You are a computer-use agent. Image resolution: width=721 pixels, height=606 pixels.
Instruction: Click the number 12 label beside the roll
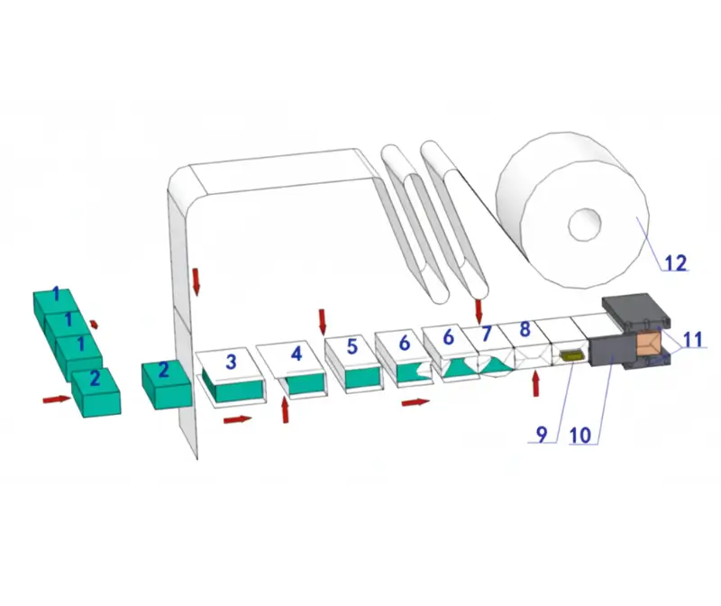tap(676, 262)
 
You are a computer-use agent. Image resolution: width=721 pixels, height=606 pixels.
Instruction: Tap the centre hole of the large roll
tap(585, 225)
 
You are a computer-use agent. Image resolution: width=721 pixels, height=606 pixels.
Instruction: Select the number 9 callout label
tap(542, 434)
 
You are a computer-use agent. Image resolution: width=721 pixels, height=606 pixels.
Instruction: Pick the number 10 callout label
tap(580, 435)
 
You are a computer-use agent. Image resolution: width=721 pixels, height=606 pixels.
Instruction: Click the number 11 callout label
tap(693, 340)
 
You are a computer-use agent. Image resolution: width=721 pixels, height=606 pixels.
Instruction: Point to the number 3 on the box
tap(231, 362)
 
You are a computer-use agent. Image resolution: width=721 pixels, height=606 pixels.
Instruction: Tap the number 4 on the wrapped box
tap(297, 353)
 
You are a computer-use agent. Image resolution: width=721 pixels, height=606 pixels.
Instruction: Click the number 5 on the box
tap(351, 346)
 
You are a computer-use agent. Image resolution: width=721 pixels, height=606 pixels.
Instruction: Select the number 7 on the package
tap(487, 334)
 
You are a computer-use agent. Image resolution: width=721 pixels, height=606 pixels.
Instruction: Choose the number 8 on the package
tap(525, 328)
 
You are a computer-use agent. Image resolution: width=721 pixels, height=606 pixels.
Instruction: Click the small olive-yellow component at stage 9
tap(571, 355)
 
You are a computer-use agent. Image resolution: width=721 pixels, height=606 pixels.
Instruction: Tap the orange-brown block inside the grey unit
tap(649, 344)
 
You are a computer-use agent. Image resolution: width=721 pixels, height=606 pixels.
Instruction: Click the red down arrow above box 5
tap(323, 322)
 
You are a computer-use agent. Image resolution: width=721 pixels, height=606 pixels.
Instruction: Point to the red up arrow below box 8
tap(535, 384)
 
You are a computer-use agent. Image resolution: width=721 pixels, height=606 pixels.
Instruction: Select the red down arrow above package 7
tap(479, 311)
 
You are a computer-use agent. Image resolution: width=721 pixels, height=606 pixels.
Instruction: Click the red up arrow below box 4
tap(285, 410)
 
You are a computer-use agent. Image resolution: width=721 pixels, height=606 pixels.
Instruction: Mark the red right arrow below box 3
tap(238, 419)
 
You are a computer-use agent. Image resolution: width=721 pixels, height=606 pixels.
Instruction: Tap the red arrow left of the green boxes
tap(58, 399)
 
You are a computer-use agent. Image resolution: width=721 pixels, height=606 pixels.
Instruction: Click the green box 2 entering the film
tap(166, 385)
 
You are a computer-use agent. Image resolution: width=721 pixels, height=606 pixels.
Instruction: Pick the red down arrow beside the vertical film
tap(196, 281)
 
